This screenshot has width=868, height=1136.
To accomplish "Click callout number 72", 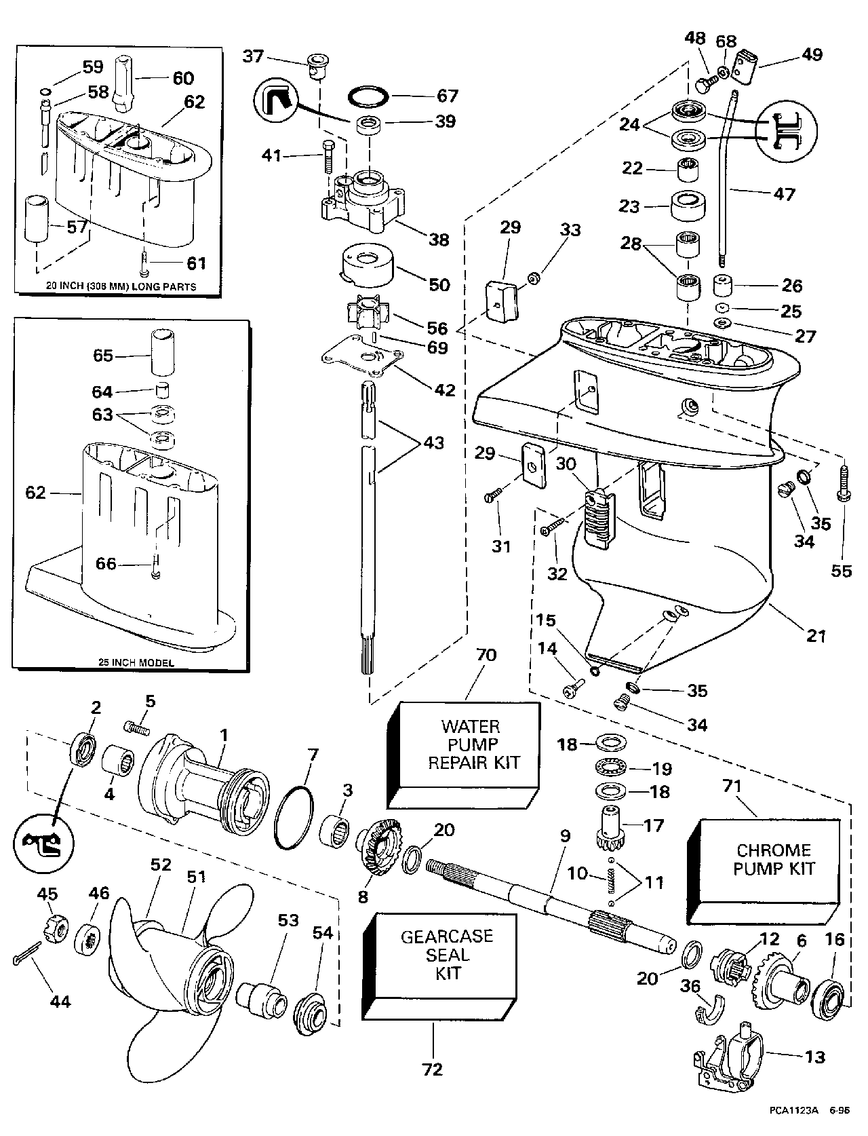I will (432, 1069).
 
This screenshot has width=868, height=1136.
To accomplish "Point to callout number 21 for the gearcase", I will (816, 636).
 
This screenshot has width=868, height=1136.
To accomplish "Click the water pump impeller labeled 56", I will (366, 317).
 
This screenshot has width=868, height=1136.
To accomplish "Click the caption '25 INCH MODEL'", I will (133, 662).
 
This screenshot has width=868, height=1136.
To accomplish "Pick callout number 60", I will (182, 79).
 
